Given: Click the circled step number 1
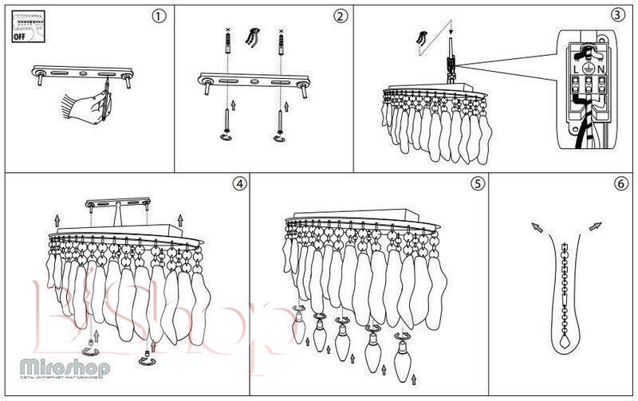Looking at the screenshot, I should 160,16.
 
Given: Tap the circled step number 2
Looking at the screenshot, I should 341,16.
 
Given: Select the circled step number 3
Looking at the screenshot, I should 618,14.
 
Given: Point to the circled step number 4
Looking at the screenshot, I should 238,183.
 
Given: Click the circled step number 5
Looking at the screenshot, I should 477,183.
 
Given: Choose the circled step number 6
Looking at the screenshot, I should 620,183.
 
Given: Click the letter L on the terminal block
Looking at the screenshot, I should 576,69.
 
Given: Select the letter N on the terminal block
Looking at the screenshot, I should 603,69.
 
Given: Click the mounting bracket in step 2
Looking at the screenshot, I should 253,81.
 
